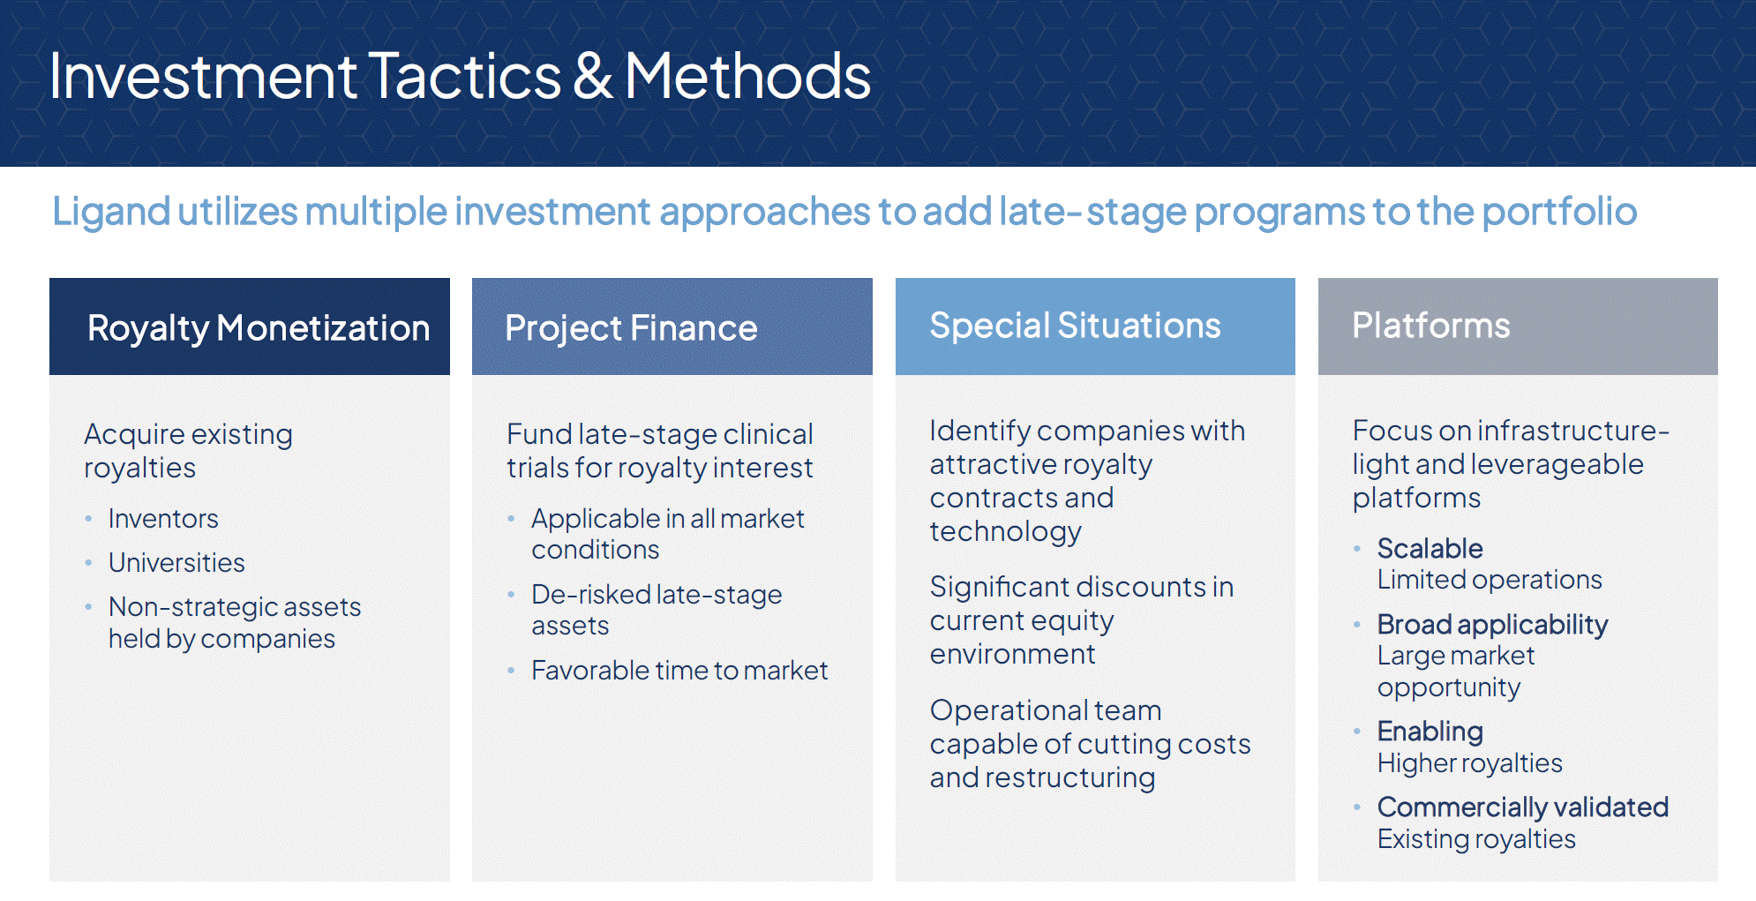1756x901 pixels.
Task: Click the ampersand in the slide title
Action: coord(593,77)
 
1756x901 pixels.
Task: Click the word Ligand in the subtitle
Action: coord(111,212)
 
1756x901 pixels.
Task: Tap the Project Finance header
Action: coord(631,328)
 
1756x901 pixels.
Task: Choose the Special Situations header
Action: coord(1075,326)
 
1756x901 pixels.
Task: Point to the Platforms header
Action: coord(1430,326)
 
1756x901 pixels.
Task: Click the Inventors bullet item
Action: coord(163,519)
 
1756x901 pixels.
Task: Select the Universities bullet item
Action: coord(176,563)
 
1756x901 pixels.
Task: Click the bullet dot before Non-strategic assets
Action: coord(88,607)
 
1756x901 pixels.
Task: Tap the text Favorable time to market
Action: coord(679,671)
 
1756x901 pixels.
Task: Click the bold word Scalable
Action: coord(1430,549)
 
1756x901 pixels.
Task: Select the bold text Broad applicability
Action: coord(1492,625)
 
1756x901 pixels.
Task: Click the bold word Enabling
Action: coord(1430,732)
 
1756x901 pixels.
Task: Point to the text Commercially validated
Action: coord(1522,807)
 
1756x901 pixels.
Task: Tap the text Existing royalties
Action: coord(1475,839)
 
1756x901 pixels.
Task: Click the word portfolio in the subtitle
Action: coord(1559,212)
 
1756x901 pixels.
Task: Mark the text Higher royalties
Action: coord(1469,763)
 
